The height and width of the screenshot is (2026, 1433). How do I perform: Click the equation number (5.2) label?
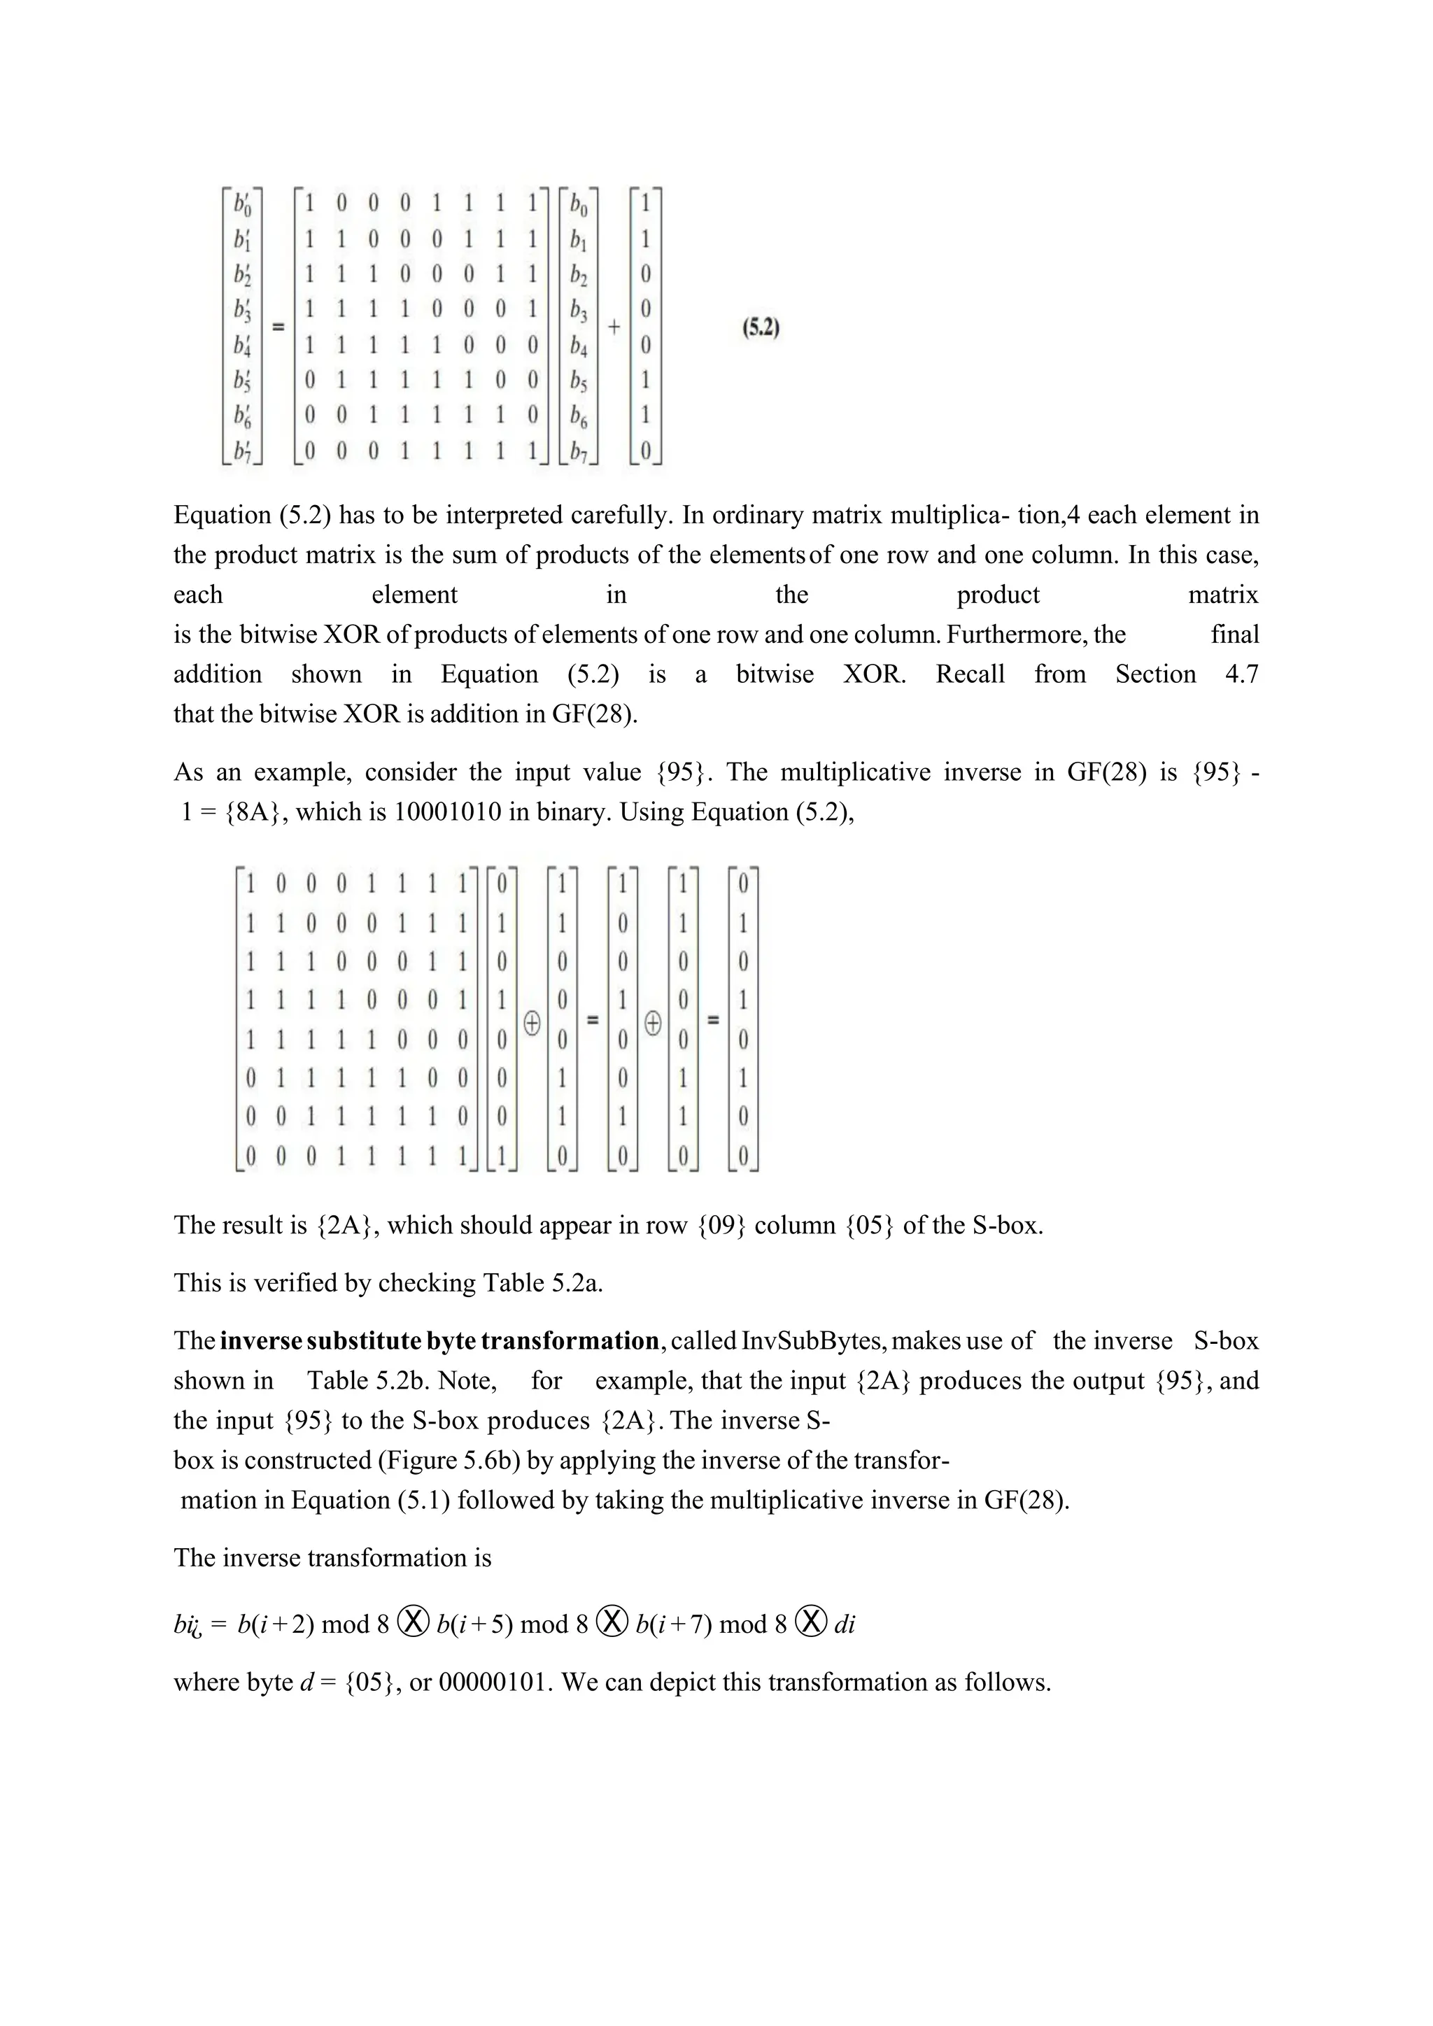click(x=761, y=328)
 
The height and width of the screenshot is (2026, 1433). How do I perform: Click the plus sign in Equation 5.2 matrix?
click(x=614, y=327)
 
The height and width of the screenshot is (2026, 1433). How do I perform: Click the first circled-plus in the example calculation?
click(x=532, y=1023)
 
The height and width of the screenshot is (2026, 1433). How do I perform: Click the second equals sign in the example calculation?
click(x=713, y=1021)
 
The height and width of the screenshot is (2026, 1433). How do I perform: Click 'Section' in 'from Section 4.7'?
click(x=1155, y=674)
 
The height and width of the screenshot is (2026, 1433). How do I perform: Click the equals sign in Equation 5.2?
click(x=278, y=327)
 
